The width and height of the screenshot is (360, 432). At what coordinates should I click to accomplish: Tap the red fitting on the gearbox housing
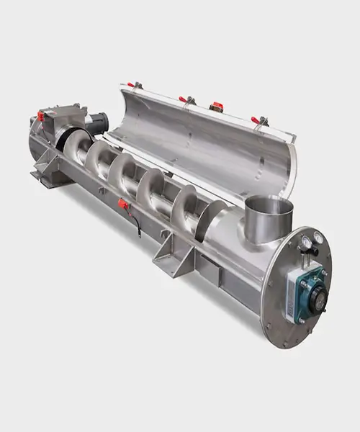click(41, 116)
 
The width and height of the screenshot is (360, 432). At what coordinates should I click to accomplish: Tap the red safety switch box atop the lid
click(216, 107)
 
